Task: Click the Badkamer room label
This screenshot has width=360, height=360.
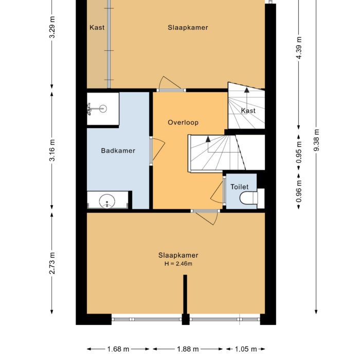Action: point(118,151)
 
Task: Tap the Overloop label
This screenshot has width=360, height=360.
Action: point(183,122)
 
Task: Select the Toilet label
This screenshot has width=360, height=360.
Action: point(240,187)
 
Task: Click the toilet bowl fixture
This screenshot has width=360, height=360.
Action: point(248,198)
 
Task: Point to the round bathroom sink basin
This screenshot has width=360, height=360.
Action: point(107,201)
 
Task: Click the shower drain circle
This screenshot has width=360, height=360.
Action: point(103,109)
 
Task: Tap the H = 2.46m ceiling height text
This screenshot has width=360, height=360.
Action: point(178,264)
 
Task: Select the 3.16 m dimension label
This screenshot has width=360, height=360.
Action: point(52,150)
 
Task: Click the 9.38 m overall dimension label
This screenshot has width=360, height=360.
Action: point(317,140)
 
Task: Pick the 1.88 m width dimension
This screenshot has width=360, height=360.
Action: point(188,349)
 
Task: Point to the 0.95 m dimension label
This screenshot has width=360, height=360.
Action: point(299,152)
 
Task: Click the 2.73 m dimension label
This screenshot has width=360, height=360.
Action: point(52,263)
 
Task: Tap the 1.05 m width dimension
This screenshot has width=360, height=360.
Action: point(246,349)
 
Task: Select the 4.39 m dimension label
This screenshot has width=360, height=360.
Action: point(299,48)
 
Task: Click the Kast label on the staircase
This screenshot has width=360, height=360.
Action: point(248,111)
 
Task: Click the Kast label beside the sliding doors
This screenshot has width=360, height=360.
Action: point(97,28)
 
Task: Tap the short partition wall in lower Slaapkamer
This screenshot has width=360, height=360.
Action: point(185,294)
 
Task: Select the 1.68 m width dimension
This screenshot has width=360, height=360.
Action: point(118,349)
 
